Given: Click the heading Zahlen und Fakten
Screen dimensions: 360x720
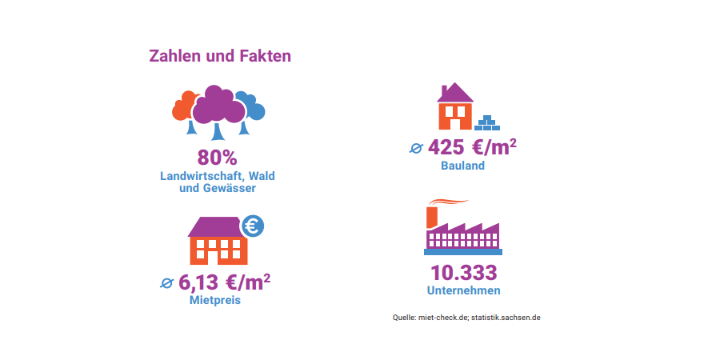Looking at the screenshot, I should tap(220, 57).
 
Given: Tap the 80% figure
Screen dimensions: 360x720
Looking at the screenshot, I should tap(218, 158).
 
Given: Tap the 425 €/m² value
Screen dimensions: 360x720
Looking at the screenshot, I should tap(472, 148).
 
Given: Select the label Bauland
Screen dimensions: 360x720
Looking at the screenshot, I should tap(462, 166).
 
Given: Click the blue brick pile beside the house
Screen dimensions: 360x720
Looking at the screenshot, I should tap(486, 123).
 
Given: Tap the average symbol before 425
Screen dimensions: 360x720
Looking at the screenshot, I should tap(416, 148).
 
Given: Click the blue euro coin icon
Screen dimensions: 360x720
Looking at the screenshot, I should tap(252, 226).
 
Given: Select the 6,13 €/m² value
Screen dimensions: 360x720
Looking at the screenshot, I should tap(224, 282).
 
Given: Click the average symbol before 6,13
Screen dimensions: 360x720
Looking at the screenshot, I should tap(166, 282).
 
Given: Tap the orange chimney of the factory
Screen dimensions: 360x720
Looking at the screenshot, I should tap(431, 216).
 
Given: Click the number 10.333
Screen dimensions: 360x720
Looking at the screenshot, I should tap(463, 272).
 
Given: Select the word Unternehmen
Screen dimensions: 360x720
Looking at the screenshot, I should tap(464, 290).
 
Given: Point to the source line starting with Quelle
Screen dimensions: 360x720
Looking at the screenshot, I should tap(466, 317).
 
